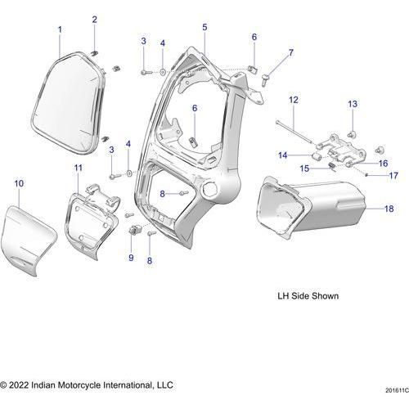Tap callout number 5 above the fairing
coord(204,27)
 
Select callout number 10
coord(19,185)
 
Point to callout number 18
coord(389,209)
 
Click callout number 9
coord(129,258)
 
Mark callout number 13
coord(353,104)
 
